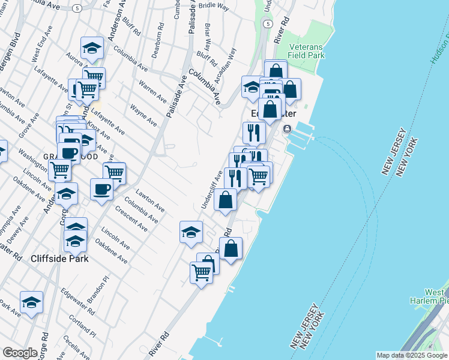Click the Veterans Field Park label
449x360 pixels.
(306, 50)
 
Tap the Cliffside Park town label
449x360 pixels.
(59, 259)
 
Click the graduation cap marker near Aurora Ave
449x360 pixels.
(91, 49)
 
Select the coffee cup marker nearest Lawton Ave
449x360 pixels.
(101, 189)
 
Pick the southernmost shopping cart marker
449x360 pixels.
(201, 272)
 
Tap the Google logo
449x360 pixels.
(20, 353)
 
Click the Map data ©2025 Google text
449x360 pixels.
(411, 355)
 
